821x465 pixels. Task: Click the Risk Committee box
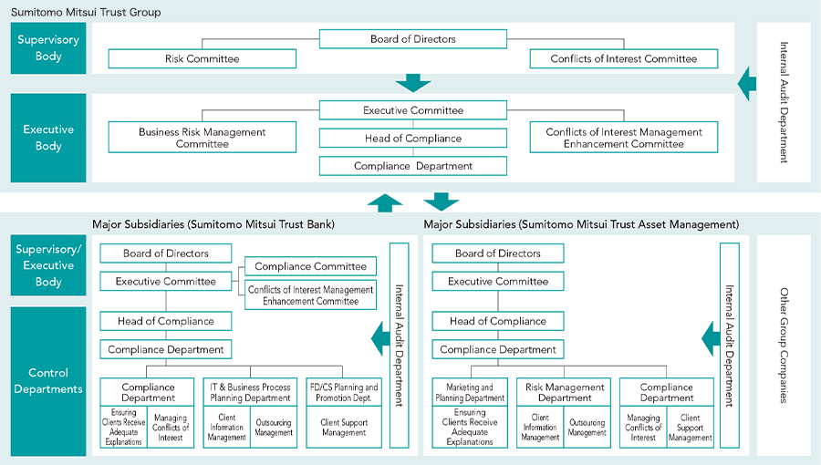point(203,58)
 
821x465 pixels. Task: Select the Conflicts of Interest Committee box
point(624,58)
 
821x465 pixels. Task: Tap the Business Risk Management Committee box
point(203,137)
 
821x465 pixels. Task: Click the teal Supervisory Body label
point(48,48)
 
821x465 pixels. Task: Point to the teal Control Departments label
point(48,381)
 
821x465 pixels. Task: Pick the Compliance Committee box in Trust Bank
point(310,266)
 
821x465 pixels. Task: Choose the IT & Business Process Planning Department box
point(250,392)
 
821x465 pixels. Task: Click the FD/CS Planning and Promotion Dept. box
point(344,392)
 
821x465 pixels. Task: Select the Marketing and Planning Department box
point(470,392)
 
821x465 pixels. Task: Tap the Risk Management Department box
point(564,392)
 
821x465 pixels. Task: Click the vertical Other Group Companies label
point(784,346)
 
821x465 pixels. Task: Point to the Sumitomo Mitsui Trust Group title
point(86,12)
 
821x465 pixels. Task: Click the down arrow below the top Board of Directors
point(413,83)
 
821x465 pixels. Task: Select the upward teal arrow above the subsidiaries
point(385,203)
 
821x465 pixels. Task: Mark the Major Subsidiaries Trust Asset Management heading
point(581,224)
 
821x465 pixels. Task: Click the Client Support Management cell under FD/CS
point(344,428)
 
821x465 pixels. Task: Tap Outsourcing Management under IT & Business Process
point(274,428)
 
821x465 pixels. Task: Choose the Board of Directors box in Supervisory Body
point(413,38)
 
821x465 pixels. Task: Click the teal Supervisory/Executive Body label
point(48,265)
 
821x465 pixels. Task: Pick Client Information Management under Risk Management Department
point(540,428)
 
